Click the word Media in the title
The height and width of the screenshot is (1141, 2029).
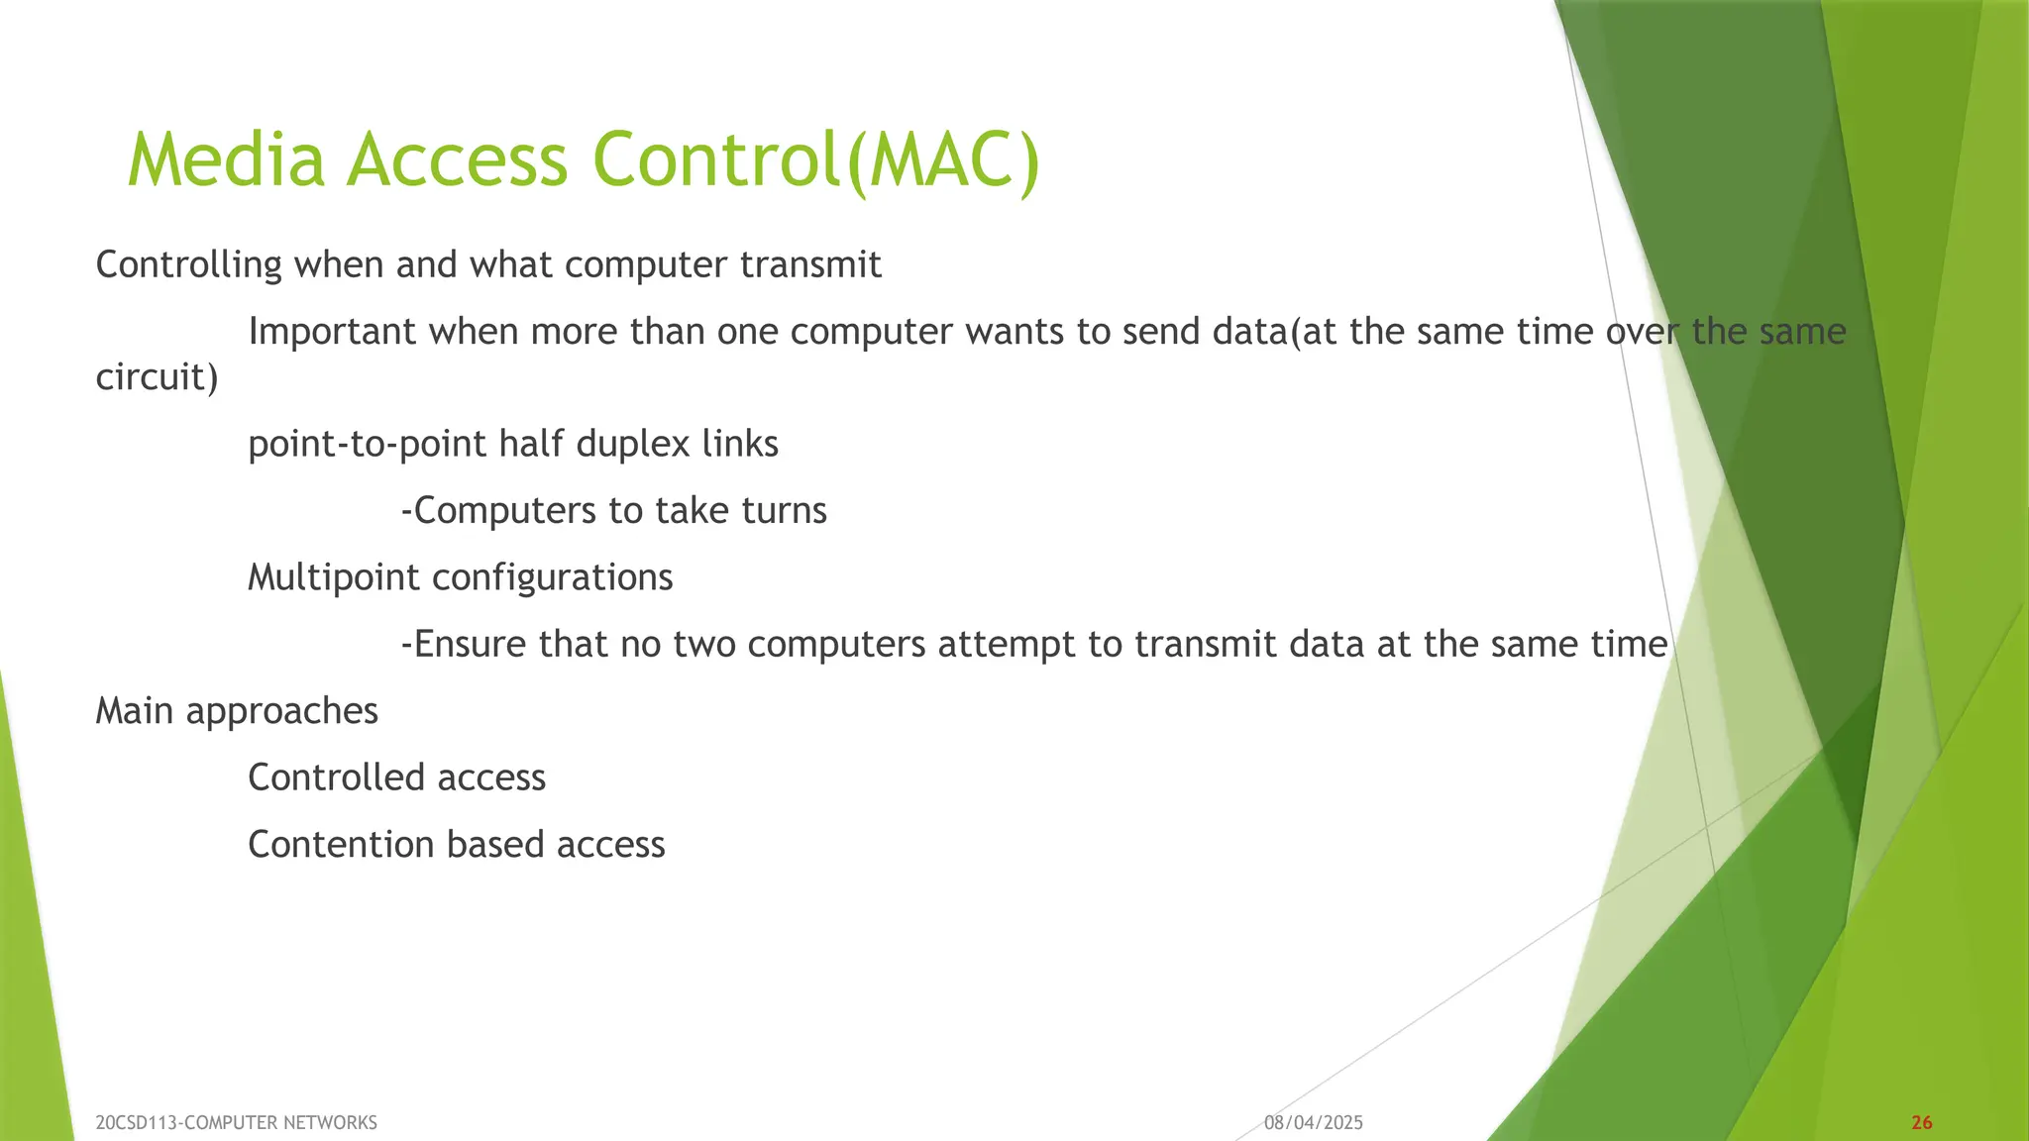point(226,160)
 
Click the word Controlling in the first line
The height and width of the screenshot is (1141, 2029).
point(189,265)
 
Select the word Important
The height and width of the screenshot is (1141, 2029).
point(332,332)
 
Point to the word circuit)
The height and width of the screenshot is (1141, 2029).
point(157,377)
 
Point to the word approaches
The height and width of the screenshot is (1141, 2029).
point(281,712)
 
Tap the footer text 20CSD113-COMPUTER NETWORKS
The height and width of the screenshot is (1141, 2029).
point(236,1123)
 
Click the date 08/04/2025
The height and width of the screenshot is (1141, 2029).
point(1314,1123)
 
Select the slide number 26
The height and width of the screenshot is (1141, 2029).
point(1921,1123)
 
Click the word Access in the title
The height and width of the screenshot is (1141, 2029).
point(457,160)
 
